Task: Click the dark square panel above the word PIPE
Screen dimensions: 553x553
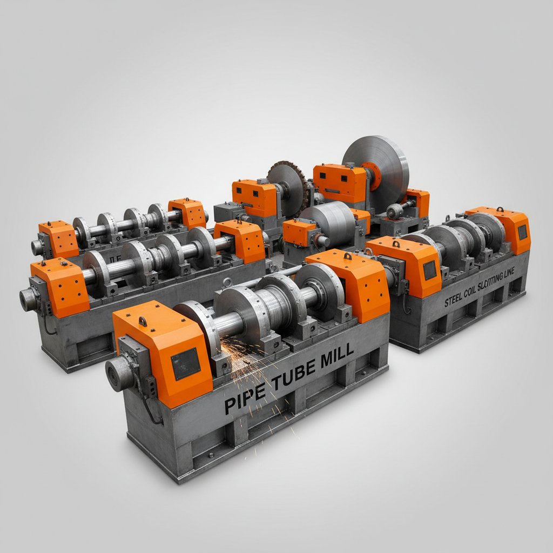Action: pyautogui.click(x=185, y=363)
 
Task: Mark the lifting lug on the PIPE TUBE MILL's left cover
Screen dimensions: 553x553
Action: pyautogui.click(x=142, y=322)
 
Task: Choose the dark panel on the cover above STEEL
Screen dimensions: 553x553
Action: pyautogui.click(x=430, y=270)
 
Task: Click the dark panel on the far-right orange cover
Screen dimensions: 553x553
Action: pyautogui.click(x=522, y=232)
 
